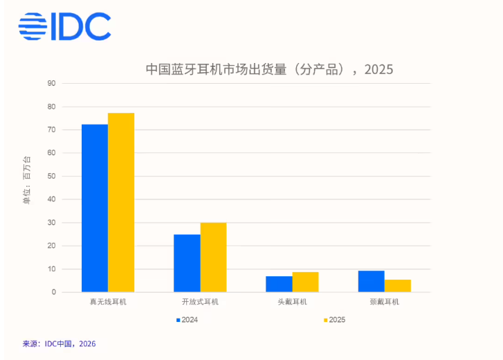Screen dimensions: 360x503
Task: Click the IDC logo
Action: (x=64, y=26)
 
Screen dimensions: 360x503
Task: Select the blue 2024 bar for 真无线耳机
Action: (x=95, y=208)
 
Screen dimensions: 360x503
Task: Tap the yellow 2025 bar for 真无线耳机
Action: (x=121, y=202)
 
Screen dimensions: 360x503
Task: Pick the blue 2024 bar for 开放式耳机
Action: (x=187, y=263)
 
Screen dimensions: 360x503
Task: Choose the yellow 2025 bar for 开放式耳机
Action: (x=213, y=257)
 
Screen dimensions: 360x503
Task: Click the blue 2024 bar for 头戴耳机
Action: (x=279, y=284)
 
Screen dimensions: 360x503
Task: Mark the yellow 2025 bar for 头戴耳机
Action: (x=305, y=282)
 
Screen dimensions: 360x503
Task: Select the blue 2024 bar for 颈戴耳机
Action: (x=371, y=281)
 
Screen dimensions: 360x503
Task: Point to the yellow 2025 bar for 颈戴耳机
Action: (x=398, y=285)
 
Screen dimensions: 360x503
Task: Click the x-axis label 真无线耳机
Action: (x=108, y=303)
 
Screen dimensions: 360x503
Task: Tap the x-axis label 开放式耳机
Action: (x=200, y=303)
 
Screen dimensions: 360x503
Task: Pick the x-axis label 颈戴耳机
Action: (x=384, y=303)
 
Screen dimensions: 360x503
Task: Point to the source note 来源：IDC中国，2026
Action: (x=59, y=343)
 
